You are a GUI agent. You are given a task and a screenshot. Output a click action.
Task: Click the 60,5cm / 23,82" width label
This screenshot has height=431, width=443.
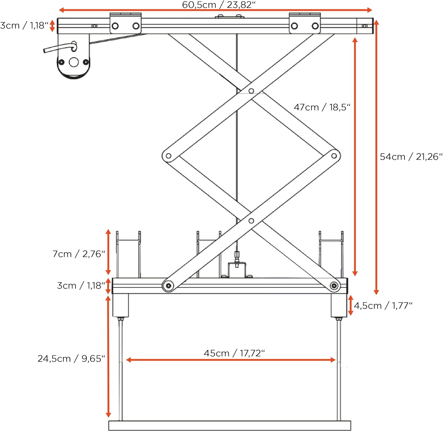[x=219, y=4]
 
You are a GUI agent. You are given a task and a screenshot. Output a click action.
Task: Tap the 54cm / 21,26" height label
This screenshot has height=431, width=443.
[x=411, y=156]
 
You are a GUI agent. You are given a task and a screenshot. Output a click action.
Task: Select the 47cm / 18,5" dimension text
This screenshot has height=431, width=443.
[x=322, y=107]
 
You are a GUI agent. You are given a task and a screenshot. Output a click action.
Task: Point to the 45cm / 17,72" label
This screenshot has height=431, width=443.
[x=234, y=353]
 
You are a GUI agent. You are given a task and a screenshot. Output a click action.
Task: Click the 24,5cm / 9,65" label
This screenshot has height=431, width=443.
[x=71, y=358]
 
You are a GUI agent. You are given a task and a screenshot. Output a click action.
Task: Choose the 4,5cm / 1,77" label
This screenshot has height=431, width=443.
[x=383, y=305]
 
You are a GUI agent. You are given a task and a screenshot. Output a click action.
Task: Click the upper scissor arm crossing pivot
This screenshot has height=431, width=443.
[x=251, y=91]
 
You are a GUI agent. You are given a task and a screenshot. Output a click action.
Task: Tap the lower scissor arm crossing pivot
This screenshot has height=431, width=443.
[x=251, y=221]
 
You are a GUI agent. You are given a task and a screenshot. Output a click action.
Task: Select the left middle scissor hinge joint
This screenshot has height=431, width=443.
[x=168, y=156]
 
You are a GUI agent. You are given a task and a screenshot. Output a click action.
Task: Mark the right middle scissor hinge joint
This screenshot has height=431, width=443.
[x=334, y=156]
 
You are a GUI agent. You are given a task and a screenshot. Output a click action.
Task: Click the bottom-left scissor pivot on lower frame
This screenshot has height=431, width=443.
[x=168, y=286]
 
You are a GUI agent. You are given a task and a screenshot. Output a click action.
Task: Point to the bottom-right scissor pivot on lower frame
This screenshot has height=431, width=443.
[x=334, y=286]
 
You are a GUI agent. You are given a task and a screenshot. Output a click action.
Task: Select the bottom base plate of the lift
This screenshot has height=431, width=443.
[x=230, y=425]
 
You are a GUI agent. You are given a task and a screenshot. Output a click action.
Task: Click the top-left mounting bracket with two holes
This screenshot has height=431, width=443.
[x=126, y=23]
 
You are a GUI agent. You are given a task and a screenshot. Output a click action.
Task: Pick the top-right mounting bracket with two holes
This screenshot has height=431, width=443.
[x=305, y=23]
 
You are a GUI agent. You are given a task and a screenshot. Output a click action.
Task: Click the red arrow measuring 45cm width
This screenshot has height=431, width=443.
[x=231, y=360]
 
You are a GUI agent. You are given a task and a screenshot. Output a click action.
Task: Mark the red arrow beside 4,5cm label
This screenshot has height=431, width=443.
[x=351, y=305]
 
